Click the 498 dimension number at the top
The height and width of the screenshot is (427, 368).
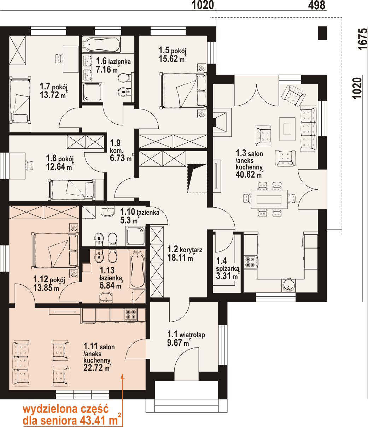coord(316,5)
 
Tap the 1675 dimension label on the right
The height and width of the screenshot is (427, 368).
coord(363,39)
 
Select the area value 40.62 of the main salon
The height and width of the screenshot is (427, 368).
coord(245,175)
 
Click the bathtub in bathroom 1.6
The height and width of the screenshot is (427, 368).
coord(101,44)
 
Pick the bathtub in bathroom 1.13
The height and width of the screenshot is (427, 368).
coord(137,269)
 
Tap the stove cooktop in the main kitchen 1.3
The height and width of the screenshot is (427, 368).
coord(250,262)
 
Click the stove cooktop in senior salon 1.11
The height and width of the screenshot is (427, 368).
coord(131,315)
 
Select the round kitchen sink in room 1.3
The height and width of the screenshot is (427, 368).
coord(288,286)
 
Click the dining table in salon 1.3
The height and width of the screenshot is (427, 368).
coord(269,199)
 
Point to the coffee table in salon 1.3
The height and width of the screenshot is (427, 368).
coord(287,129)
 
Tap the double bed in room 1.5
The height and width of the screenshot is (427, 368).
coord(183,90)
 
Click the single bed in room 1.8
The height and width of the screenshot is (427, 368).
coord(72,190)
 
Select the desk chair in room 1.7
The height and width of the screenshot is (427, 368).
coord(59,58)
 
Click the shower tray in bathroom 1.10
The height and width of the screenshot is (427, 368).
coord(135,236)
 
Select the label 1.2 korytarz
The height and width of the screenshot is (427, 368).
coord(185,254)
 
